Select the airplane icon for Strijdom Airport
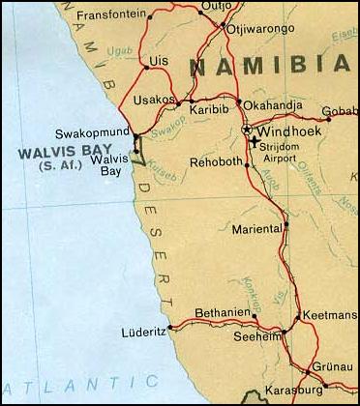click(254, 143)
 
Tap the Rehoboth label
click(212, 161)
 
